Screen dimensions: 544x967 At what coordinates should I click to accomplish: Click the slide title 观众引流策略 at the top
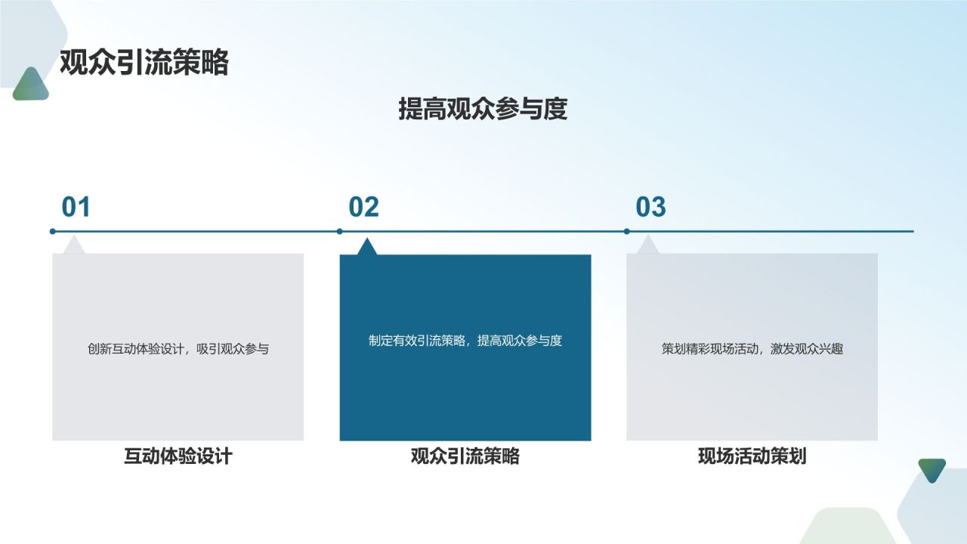(x=144, y=63)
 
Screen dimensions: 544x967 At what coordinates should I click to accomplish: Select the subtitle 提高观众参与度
(x=483, y=110)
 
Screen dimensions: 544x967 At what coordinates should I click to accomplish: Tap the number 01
(x=76, y=207)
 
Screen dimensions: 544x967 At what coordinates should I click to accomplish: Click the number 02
(x=363, y=207)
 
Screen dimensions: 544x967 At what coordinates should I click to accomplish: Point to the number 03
(x=650, y=207)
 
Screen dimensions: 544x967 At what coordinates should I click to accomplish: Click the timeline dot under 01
(x=52, y=231)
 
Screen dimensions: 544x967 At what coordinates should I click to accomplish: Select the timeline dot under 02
(x=339, y=231)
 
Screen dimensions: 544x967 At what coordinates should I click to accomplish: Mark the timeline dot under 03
(x=626, y=231)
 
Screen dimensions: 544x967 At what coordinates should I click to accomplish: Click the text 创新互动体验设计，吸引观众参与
(x=178, y=349)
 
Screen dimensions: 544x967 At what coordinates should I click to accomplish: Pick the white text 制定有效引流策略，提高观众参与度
(x=465, y=341)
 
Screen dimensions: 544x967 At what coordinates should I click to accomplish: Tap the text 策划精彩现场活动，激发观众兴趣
(x=752, y=349)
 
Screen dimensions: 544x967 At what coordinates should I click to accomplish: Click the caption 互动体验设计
(x=178, y=456)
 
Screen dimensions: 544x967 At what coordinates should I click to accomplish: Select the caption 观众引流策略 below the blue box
(x=465, y=456)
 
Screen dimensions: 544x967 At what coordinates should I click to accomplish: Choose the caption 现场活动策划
(x=752, y=456)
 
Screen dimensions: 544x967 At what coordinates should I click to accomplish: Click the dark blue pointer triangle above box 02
(x=367, y=248)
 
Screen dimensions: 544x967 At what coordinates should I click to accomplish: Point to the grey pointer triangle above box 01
(x=73, y=246)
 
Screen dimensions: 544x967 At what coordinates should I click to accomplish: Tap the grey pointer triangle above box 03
(x=647, y=246)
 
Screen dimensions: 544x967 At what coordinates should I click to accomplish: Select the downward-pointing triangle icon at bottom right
(x=932, y=469)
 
